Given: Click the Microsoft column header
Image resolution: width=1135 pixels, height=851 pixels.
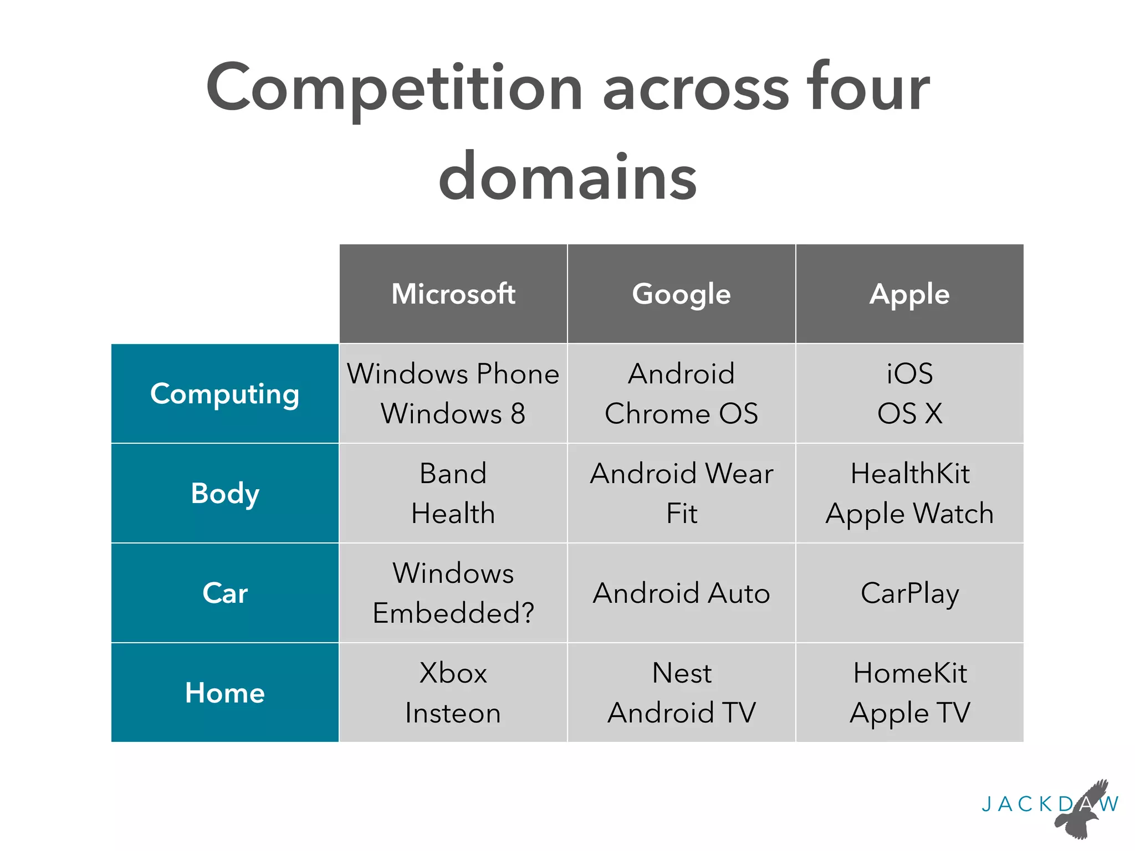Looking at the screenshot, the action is click(453, 294).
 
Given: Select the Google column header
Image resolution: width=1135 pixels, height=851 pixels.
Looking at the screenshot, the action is click(681, 294).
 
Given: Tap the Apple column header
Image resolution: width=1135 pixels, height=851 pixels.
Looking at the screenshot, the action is click(909, 294).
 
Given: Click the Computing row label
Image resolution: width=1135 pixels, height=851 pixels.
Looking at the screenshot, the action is click(225, 394).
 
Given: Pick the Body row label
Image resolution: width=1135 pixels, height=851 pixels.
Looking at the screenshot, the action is click(225, 493).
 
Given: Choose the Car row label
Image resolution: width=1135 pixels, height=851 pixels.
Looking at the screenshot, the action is click(225, 593).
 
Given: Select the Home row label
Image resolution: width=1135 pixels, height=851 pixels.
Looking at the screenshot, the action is click(225, 693).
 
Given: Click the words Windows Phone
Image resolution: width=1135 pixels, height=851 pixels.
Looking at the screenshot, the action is click(453, 374).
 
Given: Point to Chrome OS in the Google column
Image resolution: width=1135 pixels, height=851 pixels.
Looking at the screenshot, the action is click(681, 414).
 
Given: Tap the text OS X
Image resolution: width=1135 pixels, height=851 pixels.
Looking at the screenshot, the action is click(909, 414).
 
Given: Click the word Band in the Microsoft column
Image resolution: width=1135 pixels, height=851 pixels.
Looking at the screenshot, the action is click(453, 474).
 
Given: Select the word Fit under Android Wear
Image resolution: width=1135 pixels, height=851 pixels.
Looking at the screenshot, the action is click(682, 514).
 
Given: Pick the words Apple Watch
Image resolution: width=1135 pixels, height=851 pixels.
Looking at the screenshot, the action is click(909, 514).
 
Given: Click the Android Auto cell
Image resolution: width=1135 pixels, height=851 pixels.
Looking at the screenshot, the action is click(681, 593).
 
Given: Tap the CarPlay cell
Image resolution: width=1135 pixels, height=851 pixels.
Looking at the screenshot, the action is click(909, 593).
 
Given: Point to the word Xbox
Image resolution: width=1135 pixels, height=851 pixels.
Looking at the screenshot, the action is click(453, 673).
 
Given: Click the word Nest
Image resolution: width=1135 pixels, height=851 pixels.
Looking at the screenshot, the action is click(682, 673).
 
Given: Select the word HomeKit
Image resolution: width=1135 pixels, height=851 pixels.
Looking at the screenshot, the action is click(909, 673).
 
